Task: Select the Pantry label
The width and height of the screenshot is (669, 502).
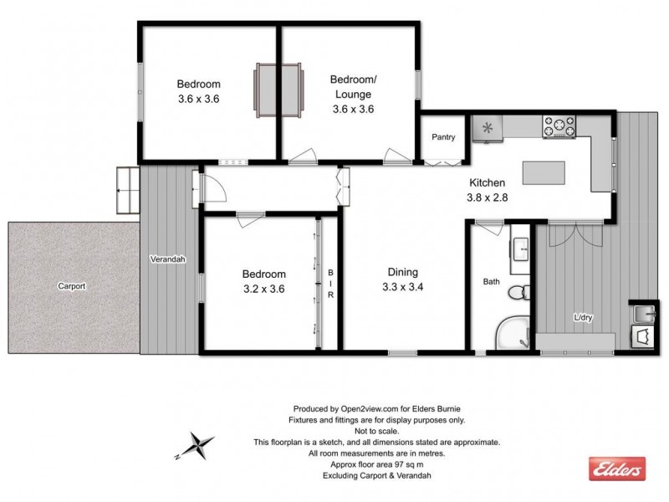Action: [443, 136]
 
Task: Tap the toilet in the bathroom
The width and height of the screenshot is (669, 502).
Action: [517, 292]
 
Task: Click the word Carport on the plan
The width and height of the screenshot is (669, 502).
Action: [72, 285]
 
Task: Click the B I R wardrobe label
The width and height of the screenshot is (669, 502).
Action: [329, 289]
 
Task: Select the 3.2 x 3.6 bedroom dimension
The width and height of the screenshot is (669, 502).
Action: [264, 289]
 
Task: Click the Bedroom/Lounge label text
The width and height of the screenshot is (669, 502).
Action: [353, 87]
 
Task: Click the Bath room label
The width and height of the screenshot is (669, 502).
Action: [492, 282]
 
